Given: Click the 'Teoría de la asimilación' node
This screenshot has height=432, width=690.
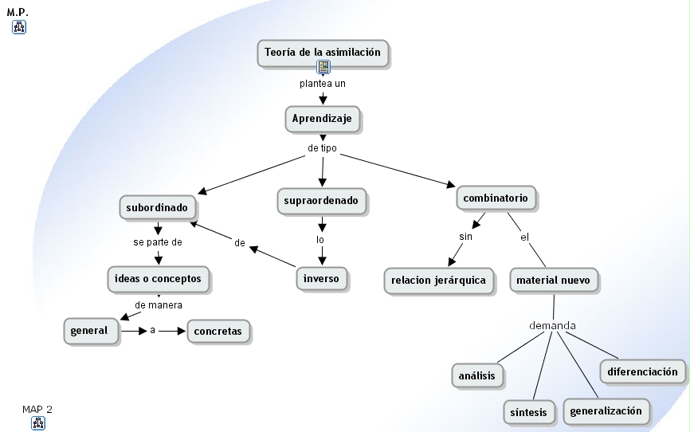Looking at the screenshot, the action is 323,53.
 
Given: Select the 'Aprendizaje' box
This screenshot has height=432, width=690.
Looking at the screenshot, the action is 322,119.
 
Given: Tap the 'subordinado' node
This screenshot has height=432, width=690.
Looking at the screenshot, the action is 157,207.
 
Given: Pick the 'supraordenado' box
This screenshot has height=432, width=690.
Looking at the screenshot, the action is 321,201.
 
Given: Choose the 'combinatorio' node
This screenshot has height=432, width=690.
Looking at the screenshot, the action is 496,198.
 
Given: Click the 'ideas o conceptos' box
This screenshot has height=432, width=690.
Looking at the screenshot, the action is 158,279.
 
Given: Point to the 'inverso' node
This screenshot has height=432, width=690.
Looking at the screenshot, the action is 321,279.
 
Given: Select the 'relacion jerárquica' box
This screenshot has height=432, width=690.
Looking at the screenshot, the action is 438,281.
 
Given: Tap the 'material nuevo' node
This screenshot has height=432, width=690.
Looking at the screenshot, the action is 553,280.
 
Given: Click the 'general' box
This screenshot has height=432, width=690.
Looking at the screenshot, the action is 91,331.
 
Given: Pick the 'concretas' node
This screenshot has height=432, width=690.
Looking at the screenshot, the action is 218,331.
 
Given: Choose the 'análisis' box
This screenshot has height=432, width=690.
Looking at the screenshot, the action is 477,375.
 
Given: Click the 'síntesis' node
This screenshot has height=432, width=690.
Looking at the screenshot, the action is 528,412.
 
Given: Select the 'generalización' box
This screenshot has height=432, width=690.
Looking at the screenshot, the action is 606,411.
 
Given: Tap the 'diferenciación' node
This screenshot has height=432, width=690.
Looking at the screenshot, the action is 642,371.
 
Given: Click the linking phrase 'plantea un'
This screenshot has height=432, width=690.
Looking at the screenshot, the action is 323,84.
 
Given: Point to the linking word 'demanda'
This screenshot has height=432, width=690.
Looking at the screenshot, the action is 552,325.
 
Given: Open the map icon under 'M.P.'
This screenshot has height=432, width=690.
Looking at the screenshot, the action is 19,27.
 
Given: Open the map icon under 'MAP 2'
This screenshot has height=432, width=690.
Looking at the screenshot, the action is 38,423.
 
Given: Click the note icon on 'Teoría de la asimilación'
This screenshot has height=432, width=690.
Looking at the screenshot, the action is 323,67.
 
